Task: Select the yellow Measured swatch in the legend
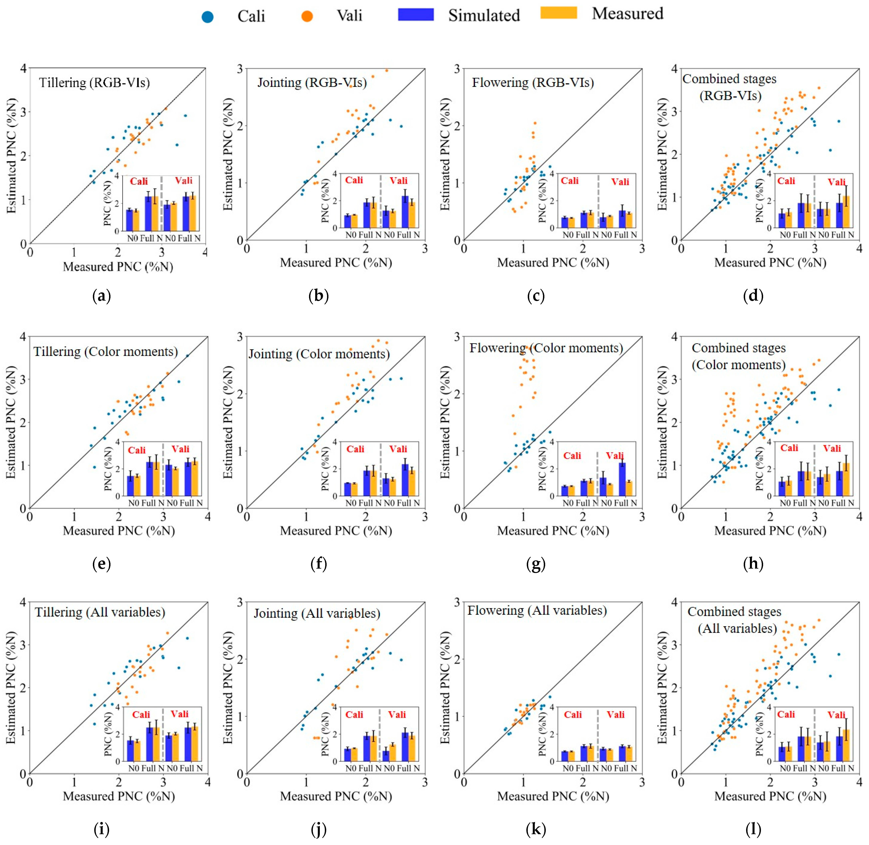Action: pyautogui.click(x=558, y=13)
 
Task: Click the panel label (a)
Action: pyautogui.click(x=101, y=296)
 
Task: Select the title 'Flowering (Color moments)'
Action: pyautogui.click(x=546, y=348)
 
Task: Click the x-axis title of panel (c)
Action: pyautogui.click(x=553, y=263)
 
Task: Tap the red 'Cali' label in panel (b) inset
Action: pyautogui.click(x=354, y=180)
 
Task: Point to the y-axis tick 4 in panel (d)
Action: pyautogui.click(x=674, y=69)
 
